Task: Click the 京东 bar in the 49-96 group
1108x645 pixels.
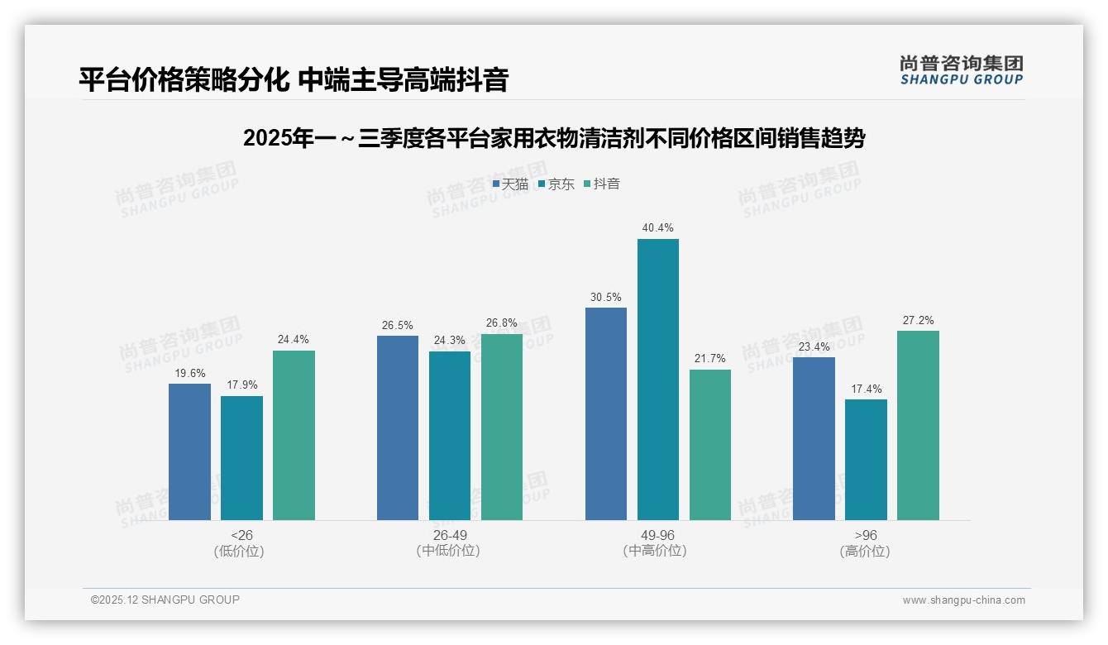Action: pos(657,380)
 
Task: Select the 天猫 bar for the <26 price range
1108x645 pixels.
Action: pos(189,451)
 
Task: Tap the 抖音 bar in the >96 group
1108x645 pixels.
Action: pos(918,425)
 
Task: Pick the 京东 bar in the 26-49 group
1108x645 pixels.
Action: pos(449,436)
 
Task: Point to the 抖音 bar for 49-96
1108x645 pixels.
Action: pos(709,445)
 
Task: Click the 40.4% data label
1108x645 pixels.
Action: pos(657,227)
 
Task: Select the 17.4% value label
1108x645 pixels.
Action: pos(866,389)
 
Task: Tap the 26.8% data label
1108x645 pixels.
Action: pos(501,322)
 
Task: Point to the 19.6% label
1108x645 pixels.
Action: pos(189,373)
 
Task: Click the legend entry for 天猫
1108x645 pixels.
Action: pos(510,184)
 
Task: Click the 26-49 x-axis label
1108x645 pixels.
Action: pos(449,535)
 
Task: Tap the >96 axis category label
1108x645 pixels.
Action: pos(865,535)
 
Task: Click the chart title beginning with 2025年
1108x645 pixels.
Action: pos(553,138)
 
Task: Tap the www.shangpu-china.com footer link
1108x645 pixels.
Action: pos(963,600)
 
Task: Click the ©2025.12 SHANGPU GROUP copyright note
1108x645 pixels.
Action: pos(165,600)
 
